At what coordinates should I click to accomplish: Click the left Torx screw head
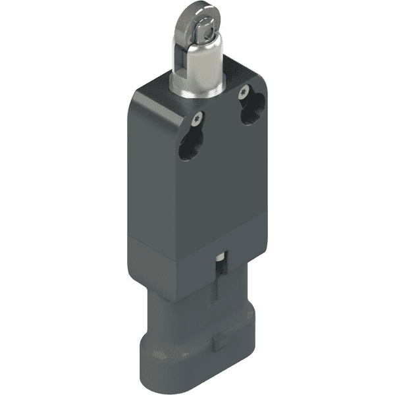pos(197,119)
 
